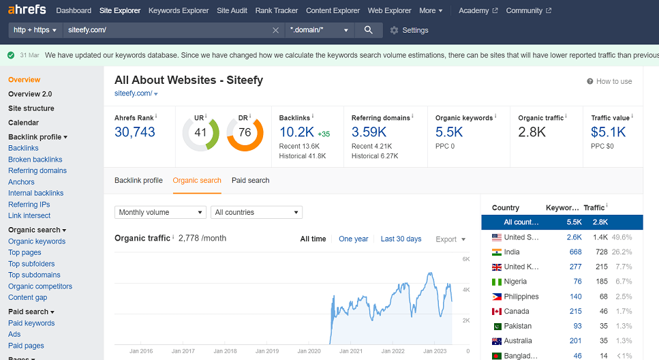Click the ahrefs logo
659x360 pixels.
tap(27, 10)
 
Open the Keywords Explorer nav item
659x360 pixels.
tap(179, 11)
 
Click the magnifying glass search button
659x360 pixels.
tap(369, 30)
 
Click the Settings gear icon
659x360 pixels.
tap(394, 30)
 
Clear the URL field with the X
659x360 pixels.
tap(275, 30)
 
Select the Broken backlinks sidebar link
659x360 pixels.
tap(35, 160)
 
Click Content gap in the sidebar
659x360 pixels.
tap(27, 297)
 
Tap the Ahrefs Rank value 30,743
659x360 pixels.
tap(135, 132)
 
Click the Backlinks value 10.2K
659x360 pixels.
tap(296, 132)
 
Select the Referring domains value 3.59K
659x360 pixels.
tap(369, 132)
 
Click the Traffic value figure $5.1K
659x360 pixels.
tap(609, 132)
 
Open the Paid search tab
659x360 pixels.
tap(250, 181)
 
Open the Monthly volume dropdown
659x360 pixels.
tap(160, 213)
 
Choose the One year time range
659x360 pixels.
tap(353, 239)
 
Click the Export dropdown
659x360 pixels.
tap(450, 239)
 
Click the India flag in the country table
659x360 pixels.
tap(496, 252)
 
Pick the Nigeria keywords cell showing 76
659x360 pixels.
tap(577, 282)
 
